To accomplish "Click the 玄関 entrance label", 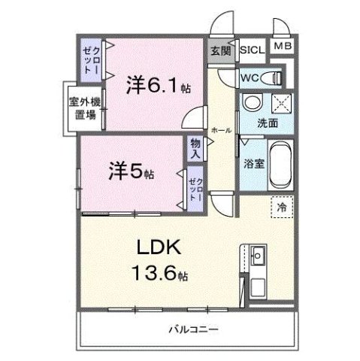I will [221, 51].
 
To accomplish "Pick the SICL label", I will [251, 50].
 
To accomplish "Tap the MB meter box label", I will [283, 47].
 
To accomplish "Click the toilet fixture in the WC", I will [275, 77].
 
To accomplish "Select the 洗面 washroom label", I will [268, 123].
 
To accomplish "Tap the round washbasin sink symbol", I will [252, 104].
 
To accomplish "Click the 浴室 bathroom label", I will [252, 161].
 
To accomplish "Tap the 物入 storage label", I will [196, 147].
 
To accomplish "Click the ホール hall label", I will [221, 129].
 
